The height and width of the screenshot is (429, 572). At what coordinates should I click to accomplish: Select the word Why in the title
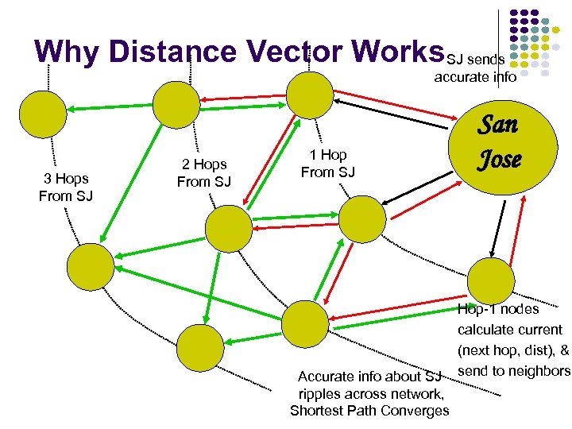pos(68,51)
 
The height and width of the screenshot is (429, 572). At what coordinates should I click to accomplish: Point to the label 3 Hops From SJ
pos(66,187)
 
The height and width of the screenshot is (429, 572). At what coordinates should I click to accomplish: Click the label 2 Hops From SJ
pos(204,173)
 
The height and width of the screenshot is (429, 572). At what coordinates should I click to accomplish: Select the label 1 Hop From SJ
pos(327,163)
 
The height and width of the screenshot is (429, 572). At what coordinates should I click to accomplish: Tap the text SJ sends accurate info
pos(474,68)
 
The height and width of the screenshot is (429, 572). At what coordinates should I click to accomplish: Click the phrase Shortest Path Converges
pos(369,411)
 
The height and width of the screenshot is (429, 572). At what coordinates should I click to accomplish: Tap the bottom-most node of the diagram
pos(199,348)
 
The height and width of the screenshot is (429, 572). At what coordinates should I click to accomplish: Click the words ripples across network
pos(370,393)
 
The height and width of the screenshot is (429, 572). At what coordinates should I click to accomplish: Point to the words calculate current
pos(509,330)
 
